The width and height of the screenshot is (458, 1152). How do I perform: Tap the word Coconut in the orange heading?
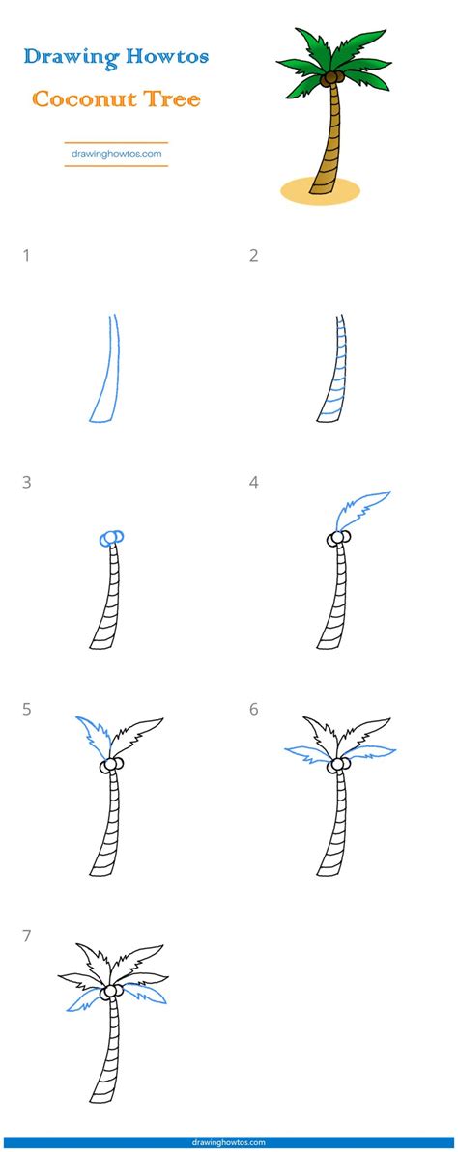pyautogui.click(x=82, y=98)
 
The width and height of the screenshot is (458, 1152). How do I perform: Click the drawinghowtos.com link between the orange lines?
pyautogui.click(x=116, y=154)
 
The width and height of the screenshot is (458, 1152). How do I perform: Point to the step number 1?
pyautogui.click(x=27, y=256)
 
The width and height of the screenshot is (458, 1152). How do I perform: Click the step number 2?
pyautogui.click(x=254, y=256)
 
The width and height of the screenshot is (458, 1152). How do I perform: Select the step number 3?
pyautogui.click(x=27, y=483)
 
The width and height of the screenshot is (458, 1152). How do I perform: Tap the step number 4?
pyautogui.click(x=254, y=483)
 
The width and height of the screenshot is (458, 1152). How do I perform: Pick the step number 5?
pyautogui.click(x=27, y=710)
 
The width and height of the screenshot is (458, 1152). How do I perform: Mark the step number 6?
pyautogui.click(x=254, y=710)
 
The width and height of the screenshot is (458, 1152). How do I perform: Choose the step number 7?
pyautogui.click(x=27, y=936)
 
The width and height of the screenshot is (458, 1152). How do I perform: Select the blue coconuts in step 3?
pyautogui.click(x=111, y=538)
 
